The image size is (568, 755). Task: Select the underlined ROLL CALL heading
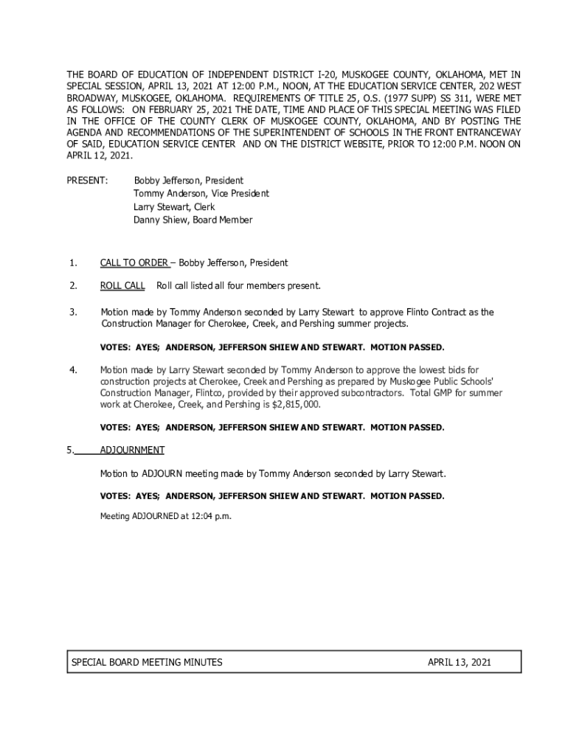coord(122,286)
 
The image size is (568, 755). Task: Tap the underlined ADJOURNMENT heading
coord(132,450)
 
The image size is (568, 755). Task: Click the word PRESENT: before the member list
coord(87,181)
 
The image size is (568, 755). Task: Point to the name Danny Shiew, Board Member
coord(193,220)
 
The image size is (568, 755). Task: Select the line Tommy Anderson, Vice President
coord(201,193)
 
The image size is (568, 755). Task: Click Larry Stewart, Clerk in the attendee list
coord(174,206)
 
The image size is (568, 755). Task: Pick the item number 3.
coord(72,313)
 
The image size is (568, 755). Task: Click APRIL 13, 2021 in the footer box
coord(459,663)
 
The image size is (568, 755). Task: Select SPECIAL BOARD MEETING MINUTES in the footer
coord(147,663)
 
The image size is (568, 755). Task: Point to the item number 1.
coord(72,263)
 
